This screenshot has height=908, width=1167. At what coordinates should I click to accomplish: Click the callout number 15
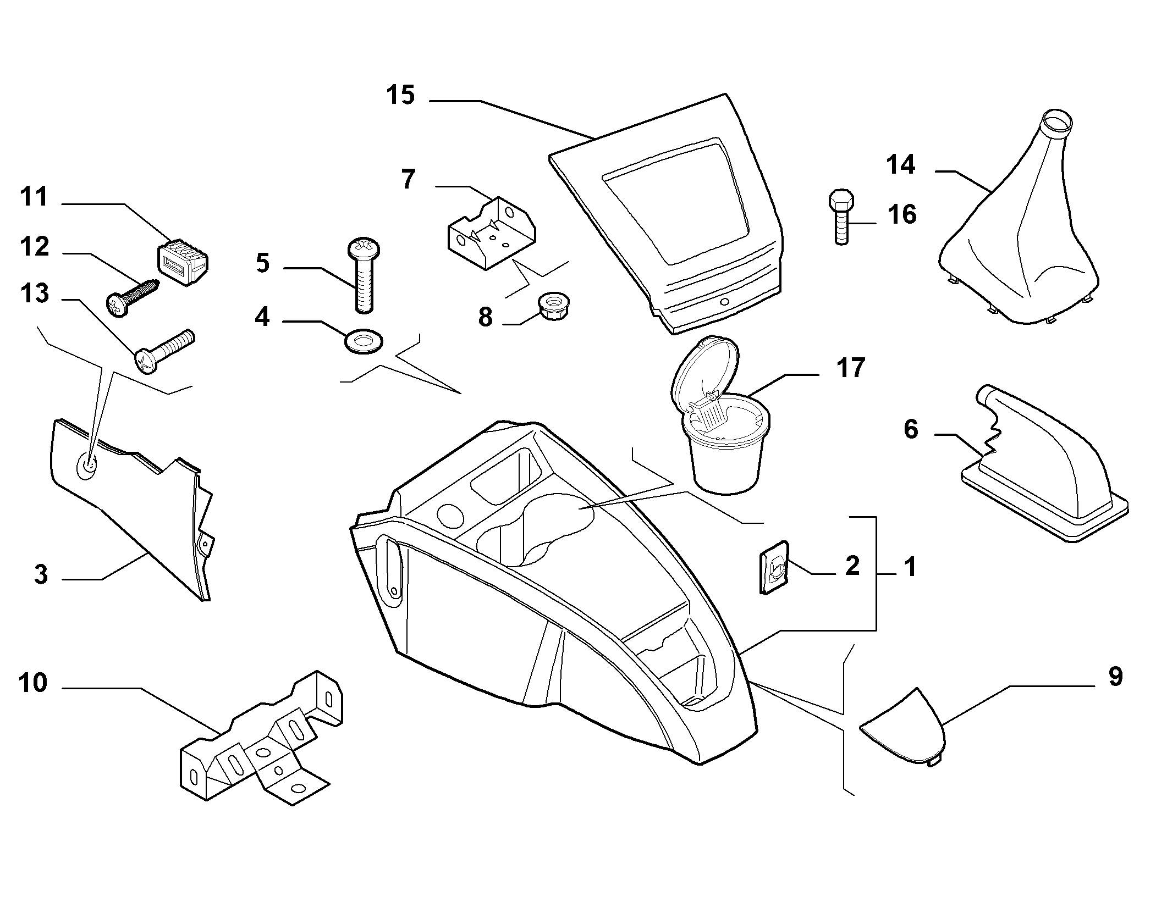(x=400, y=95)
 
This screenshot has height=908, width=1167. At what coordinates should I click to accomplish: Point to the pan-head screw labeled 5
(x=361, y=276)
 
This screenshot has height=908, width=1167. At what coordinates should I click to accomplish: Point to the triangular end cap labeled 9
(x=903, y=727)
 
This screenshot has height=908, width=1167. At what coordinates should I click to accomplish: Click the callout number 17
(x=850, y=368)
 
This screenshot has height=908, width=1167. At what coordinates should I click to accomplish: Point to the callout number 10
(x=33, y=683)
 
